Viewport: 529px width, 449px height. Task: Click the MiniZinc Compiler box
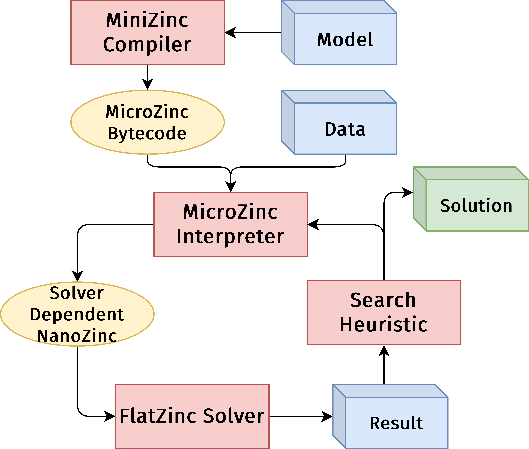click(x=147, y=33)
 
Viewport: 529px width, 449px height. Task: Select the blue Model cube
click(x=339, y=33)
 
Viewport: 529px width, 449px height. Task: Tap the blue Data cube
click(x=339, y=122)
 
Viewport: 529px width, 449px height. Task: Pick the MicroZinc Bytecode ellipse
click(x=147, y=122)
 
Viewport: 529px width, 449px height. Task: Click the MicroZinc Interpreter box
click(x=231, y=224)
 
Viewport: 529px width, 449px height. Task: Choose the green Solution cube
click(x=471, y=199)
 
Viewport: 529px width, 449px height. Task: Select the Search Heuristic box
click(x=384, y=313)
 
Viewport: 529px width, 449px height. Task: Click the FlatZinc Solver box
click(x=192, y=416)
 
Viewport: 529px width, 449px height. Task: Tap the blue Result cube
click(x=390, y=416)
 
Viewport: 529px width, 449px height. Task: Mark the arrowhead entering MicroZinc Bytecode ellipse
click(x=147, y=84)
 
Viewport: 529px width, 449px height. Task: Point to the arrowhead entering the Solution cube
click(x=407, y=192)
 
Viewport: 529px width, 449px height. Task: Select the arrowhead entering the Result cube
click(x=327, y=416)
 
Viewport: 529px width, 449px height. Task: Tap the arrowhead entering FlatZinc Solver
click(x=110, y=416)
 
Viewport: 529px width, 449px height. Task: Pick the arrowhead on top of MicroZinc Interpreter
click(x=231, y=187)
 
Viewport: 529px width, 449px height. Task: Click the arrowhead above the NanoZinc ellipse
click(x=77, y=276)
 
